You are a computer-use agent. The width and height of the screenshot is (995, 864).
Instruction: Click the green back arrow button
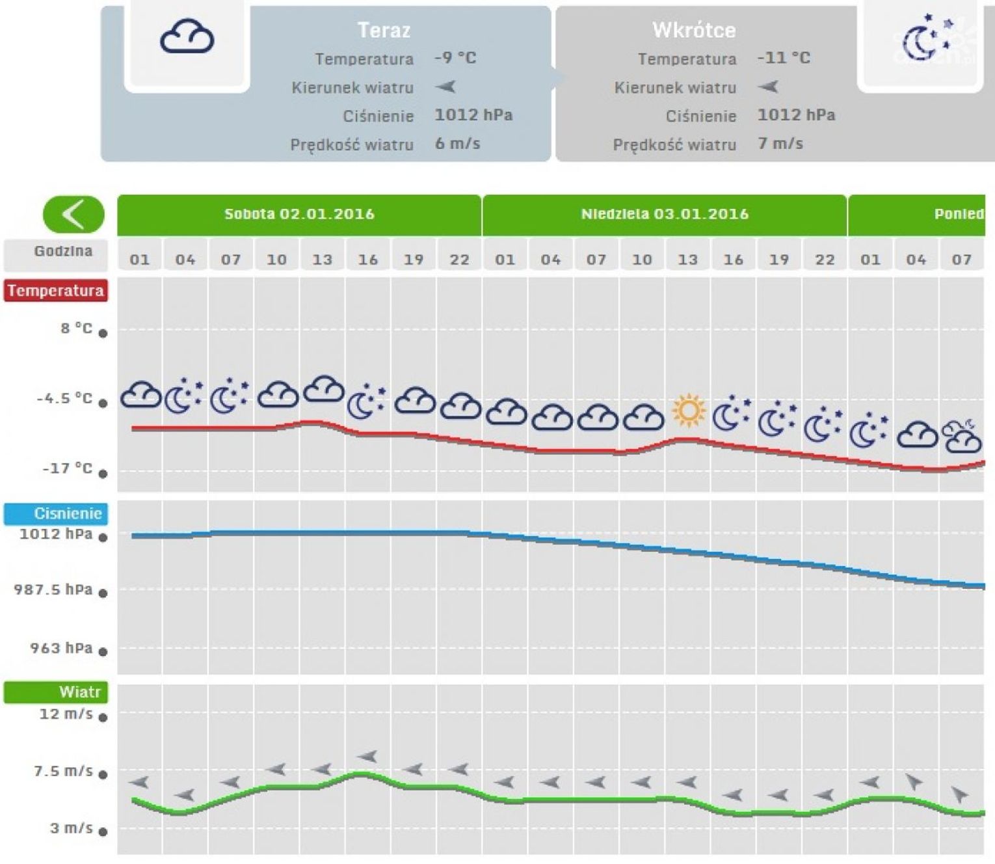coord(73,214)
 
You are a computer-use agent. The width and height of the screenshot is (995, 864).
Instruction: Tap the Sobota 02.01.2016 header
coord(299,214)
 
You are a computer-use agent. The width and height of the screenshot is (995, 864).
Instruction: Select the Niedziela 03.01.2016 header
coord(664,214)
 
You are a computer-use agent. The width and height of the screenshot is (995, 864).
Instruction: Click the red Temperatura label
coord(56,290)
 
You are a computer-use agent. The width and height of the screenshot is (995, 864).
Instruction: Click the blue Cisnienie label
coord(57,513)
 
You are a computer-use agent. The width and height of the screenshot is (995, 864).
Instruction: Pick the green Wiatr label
coord(57,692)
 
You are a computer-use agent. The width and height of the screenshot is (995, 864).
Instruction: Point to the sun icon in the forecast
coord(689,411)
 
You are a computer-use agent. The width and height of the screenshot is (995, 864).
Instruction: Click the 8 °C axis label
coord(77,329)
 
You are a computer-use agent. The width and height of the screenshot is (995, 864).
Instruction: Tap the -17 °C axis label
coord(68,468)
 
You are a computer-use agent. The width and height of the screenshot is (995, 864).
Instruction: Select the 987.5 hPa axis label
coord(53,589)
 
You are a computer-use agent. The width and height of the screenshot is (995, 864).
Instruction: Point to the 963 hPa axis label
coord(61,648)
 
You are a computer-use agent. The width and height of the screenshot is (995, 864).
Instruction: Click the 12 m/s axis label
coord(66,714)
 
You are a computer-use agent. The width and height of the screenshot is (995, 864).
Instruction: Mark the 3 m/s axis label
coord(72,828)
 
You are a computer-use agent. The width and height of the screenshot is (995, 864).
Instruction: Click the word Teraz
coord(384,30)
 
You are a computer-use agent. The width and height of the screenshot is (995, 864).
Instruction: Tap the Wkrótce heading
coord(694,30)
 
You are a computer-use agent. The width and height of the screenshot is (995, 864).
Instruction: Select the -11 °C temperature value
coord(784,58)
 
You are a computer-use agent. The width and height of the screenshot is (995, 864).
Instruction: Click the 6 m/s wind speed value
coord(457,143)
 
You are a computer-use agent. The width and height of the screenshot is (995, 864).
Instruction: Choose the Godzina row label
coord(63,251)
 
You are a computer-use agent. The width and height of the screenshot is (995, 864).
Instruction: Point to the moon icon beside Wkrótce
coord(923,39)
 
